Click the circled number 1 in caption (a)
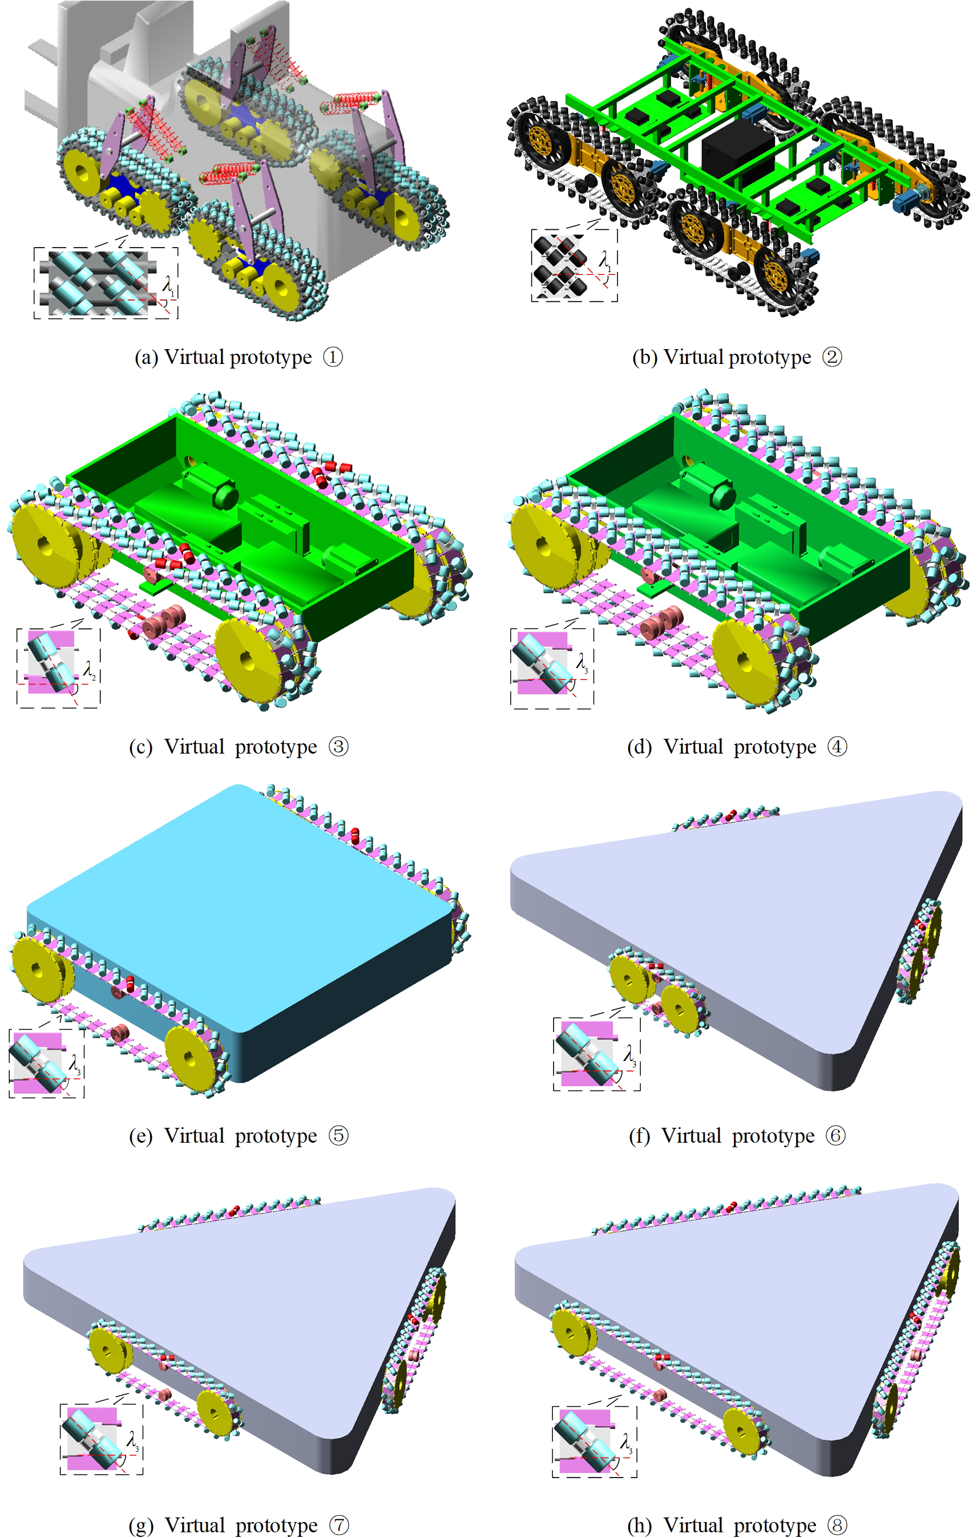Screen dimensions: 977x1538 point(333,357)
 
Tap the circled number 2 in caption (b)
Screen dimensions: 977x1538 point(832,357)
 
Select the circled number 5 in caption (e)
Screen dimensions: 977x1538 point(338,1136)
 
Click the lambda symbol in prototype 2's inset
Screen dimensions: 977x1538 point(604,260)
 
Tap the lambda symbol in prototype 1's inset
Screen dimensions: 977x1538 point(168,284)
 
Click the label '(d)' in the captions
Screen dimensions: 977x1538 point(639,747)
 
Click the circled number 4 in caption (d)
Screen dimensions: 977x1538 point(837,746)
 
